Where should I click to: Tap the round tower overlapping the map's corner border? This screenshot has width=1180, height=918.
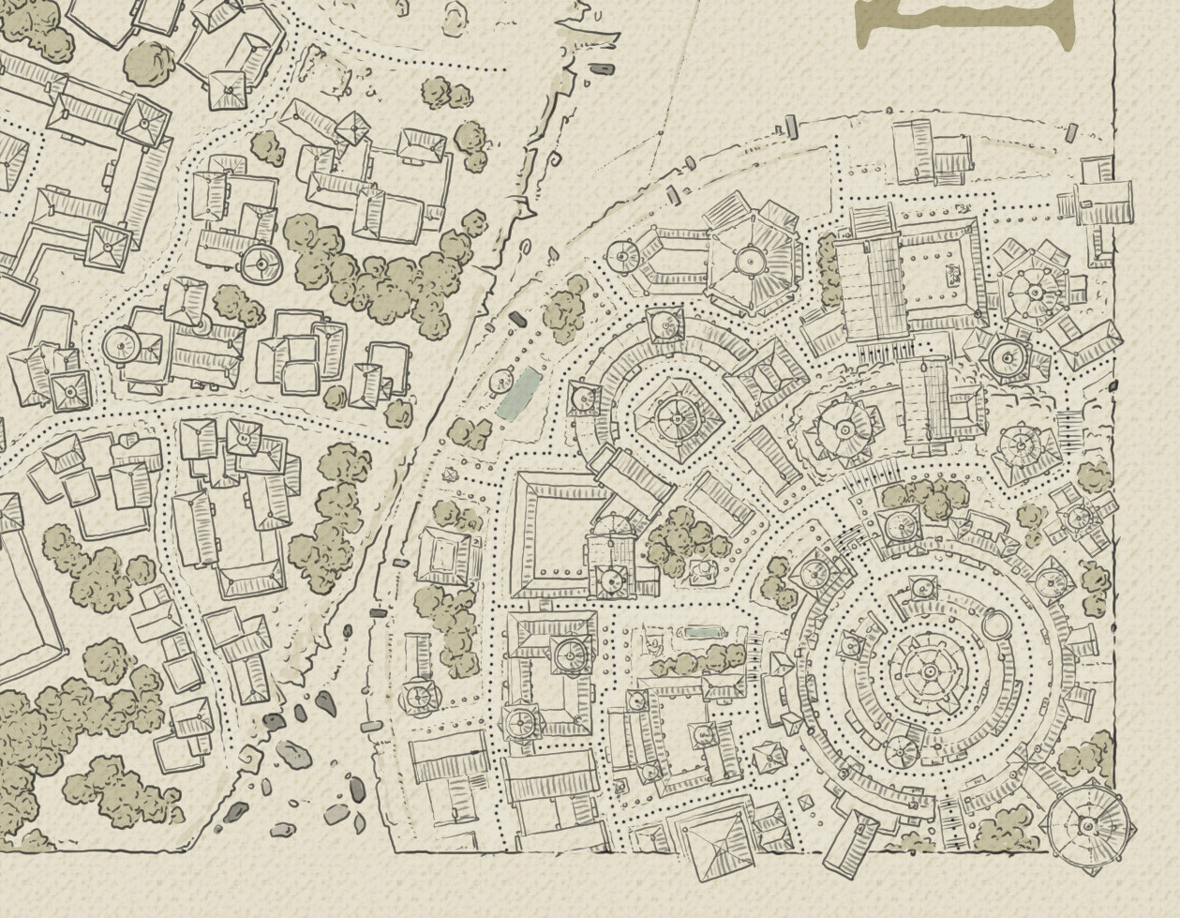tap(1087, 825)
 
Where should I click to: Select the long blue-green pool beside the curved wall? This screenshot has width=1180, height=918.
tap(518, 393)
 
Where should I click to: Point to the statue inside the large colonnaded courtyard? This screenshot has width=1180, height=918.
tap(953, 275)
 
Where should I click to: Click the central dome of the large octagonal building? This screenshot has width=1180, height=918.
tap(751, 259)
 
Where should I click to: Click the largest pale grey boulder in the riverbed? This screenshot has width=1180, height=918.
tap(292, 752)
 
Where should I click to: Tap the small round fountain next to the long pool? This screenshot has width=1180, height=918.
tap(499, 382)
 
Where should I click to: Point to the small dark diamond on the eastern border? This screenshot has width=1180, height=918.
tap(1113, 385)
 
